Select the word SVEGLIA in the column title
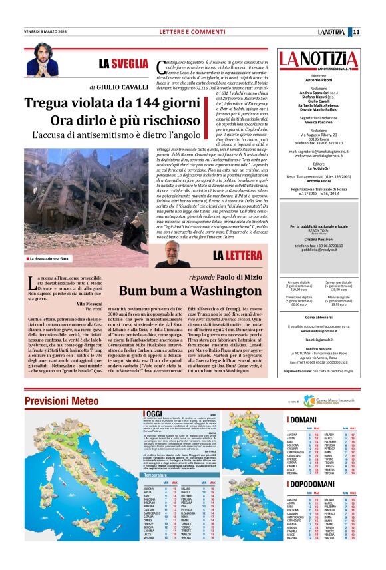(x=130, y=63)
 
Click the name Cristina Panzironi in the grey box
(x=322, y=238)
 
